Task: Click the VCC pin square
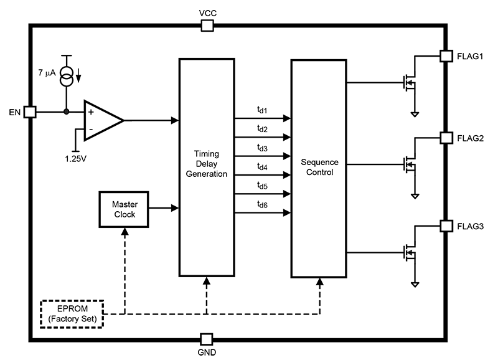(207, 25)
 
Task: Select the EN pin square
(30, 112)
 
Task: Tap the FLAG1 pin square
(446, 56)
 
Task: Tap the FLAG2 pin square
(446, 138)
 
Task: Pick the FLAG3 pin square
(446, 225)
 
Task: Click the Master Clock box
(124, 209)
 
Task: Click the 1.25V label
(76, 158)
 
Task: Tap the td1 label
(262, 110)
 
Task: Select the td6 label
(262, 204)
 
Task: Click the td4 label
(262, 166)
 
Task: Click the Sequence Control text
(318, 166)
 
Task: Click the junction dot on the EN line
(66, 112)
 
